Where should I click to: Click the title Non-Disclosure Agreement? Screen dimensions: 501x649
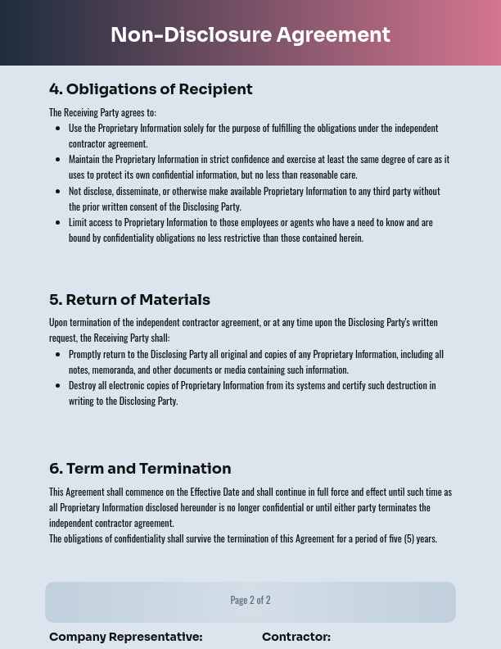[x=250, y=35]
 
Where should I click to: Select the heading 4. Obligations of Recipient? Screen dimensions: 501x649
[x=151, y=89]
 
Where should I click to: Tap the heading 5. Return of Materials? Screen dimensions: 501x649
[x=129, y=300]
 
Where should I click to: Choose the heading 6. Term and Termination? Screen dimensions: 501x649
[x=140, y=469]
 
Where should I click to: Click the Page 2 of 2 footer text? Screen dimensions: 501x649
[x=250, y=600]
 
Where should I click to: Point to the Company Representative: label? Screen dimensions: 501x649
[x=125, y=637]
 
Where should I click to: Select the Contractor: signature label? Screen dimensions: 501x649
[x=296, y=637]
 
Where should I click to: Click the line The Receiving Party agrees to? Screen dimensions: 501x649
[x=102, y=112]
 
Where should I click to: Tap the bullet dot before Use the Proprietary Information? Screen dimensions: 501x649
[x=57, y=129]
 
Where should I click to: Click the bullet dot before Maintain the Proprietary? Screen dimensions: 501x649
[x=57, y=160]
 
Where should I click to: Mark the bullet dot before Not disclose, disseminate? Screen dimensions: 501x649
[x=57, y=191]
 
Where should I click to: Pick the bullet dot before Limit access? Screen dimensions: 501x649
[x=57, y=222]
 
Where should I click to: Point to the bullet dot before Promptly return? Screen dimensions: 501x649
[x=57, y=355]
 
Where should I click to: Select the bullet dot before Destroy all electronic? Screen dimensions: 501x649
[x=57, y=386]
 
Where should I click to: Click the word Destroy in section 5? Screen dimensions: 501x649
[x=81, y=385]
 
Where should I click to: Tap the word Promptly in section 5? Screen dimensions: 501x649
[x=83, y=354]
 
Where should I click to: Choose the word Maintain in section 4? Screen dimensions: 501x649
[x=83, y=159]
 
